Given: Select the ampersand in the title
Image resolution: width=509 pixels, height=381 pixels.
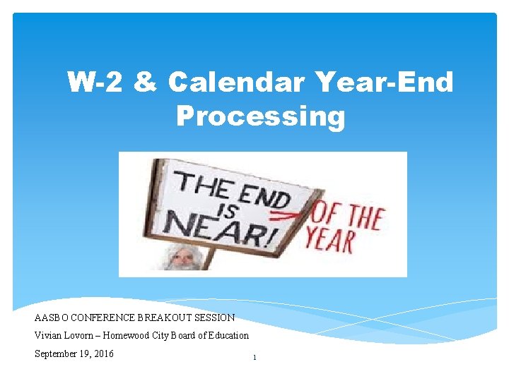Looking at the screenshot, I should pos(146,83).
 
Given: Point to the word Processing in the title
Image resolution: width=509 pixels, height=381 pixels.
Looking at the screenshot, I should pos(261,116).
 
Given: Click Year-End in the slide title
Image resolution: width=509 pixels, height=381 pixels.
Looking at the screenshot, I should pos(382,83).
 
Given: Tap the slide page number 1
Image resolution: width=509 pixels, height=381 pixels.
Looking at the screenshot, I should pos(255,358).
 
